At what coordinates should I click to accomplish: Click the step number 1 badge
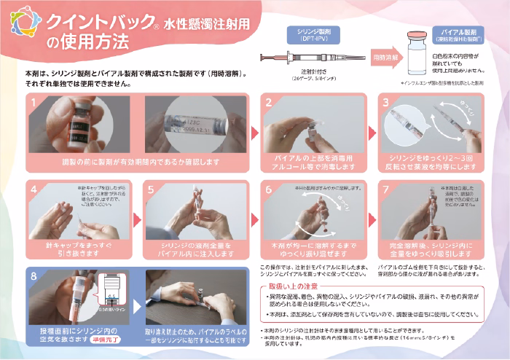click(34, 105)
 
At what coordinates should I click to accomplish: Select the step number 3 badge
click(388, 105)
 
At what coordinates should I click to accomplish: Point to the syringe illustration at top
click(310, 57)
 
